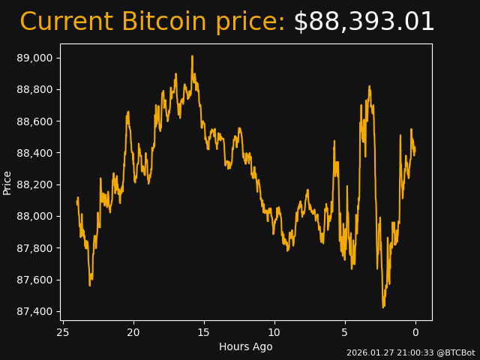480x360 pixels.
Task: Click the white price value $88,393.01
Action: coord(364,22)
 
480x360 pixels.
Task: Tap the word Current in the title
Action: coord(66,22)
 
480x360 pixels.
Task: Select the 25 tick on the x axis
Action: coord(63,332)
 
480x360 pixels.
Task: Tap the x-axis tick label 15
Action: coord(204,332)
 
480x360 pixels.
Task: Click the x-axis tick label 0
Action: coord(415,332)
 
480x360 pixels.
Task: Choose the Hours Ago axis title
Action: coord(246,346)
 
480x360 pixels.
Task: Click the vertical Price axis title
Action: coord(7,182)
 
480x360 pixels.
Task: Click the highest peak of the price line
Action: coord(192,56)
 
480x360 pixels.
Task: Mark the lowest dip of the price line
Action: coord(383,307)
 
